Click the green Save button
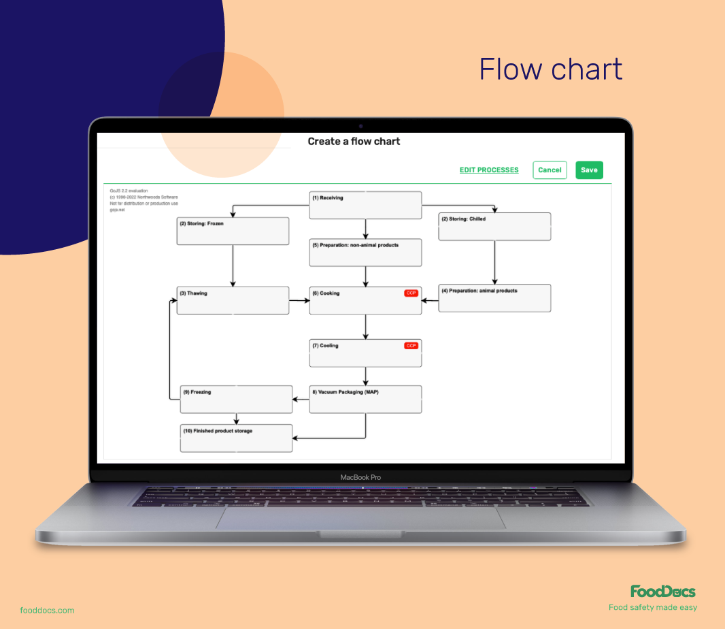pyautogui.click(x=589, y=170)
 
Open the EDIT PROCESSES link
pyautogui.click(x=489, y=170)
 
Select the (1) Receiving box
pyautogui.click(x=365, y=205)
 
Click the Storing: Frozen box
pyautogui.click(x=233, y=231)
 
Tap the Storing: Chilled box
pyautogui.click(x=494, y=227)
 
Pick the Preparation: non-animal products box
pyautogui.click(x=365, y=253)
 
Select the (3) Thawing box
pyautogui.click(x=233, y=300)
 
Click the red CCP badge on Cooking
pyautogui.click(x=411, y=293)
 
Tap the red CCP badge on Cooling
pyautogui.click(x=411, y=346)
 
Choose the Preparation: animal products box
pyautogui.click(x=494, y=298)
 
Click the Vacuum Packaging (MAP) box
pyautogui.click(x=365, y=400)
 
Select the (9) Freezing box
pyautogui.click(x=236, y=400)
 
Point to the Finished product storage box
pyautogui.click(x=236, y=438)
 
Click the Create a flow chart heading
pyautogui.click(x=354, y=142)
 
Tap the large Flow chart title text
pyautogui.click(x=550, y=69)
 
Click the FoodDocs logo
pyautogui.click(x=662, y=591)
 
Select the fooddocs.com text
pyautogui.click(x=47, y=611)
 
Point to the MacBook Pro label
pyautogui.click(x=360, y=477)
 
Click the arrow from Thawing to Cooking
pyautogui.click(x=299, y=300)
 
